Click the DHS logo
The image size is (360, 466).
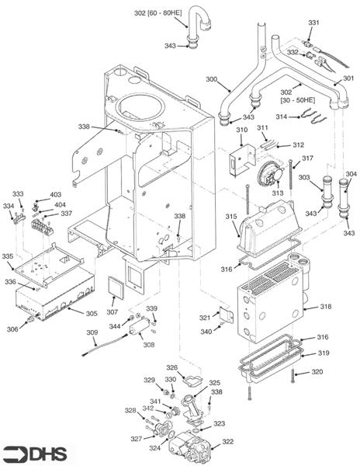pyautogui.click(x=35, y=454)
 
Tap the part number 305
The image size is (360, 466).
pyautogui.click(x=92, y=314)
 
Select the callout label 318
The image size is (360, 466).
pyautogui.click(x=326, y=307)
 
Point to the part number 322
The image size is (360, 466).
pyautogui.click(x=228, y=441)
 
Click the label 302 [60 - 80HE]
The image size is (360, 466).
pyautogui.click(x=158, y=13)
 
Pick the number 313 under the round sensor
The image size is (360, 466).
pyautogui.click(x=278, y=193)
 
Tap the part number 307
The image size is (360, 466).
pyautogui.click(x=112, y=312)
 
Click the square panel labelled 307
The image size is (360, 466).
pyautogui.click(x=115, y=287)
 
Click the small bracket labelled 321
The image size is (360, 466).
pyautogui.click(x=226, y=315)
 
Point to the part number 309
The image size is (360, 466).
pyautogui.click(x=92, y=332)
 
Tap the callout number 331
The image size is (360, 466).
pyautogui.click(x=313, y=23)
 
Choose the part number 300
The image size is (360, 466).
pyautogui.click(x=212, y=79)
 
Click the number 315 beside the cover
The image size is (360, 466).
pyautogui.click(x=231, y=216)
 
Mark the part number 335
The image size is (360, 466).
pyautogui.click(x=8, y=256)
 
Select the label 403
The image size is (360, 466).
pyautogui.click(x=56, y=194)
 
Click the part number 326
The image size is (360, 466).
pyautogui.click(x=171, y=367)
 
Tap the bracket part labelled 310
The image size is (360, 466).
pyautogui.click(x=244, y=159)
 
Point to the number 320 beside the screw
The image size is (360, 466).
pyautogui.click(x=317, y=371)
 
